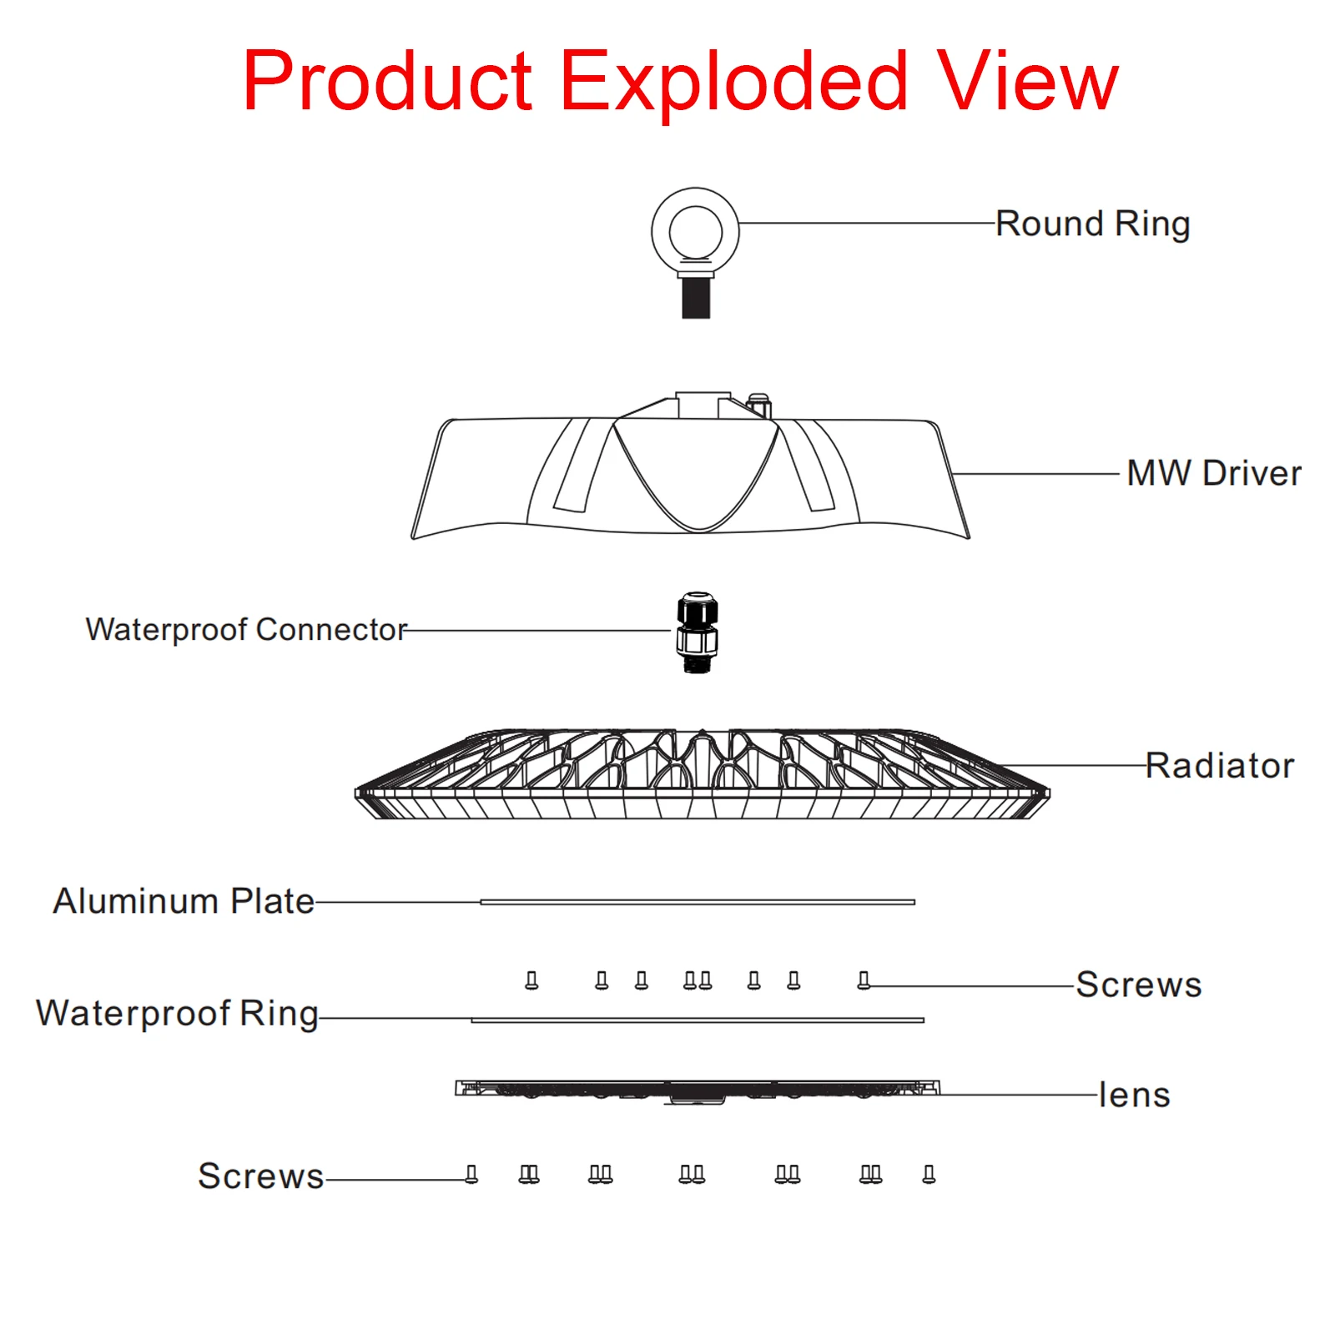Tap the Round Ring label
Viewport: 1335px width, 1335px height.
coord(1092,224)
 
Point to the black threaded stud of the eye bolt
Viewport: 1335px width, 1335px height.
coord(696,298)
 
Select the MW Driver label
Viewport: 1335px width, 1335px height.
coord(1213,473)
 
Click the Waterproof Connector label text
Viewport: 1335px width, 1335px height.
coord(246,629)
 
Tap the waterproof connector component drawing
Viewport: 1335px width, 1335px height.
coord(697,633)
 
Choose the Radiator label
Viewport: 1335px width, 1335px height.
coord(1219,765)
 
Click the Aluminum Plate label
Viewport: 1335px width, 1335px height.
coord(184,901)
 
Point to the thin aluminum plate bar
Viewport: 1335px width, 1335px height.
coord(698,902)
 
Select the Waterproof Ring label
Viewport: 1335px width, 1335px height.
coord(177,1014)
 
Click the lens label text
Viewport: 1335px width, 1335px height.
coord(1134,1095)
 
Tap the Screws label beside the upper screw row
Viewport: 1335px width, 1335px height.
coord(1138,985)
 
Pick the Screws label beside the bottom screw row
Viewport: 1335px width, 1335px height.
coord(260,1176)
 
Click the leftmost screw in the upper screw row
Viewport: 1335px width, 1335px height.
coord(531,980)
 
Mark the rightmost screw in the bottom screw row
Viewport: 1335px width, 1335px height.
coord(929,1175)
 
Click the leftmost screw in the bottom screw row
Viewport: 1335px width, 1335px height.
coord(471,1175)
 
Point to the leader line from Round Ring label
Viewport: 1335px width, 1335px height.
coord(868,223)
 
